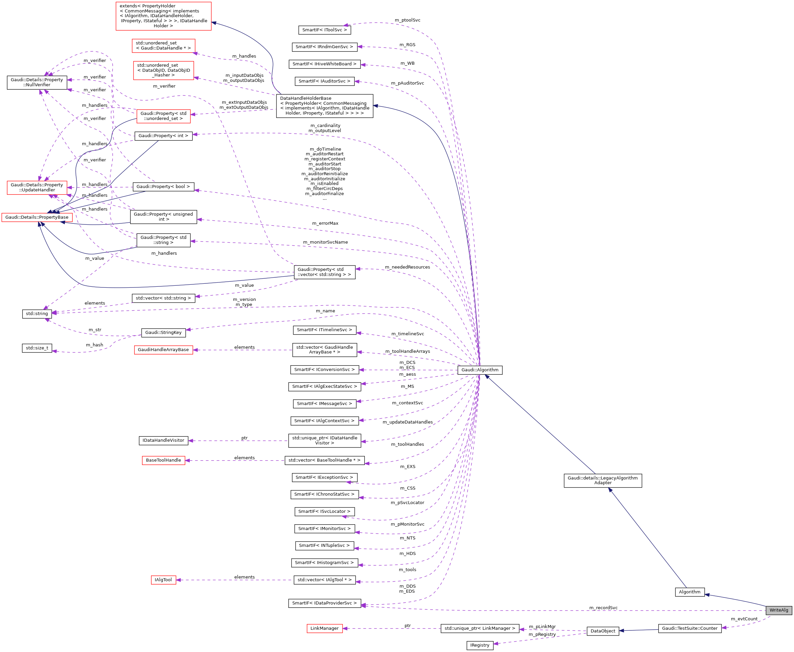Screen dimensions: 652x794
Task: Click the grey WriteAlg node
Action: coord(778,610)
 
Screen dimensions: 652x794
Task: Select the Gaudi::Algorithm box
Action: coord(479,370)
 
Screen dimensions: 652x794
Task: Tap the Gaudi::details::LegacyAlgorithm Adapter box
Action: coord(602,480)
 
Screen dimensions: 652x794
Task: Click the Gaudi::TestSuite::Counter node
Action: coord(689,628)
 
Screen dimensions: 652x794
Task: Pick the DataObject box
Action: coord(602,631)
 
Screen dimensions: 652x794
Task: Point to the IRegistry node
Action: coord(479,645)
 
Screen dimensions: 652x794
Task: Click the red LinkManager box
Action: coord(324,628)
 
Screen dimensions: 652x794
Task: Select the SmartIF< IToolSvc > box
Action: coord(324,30)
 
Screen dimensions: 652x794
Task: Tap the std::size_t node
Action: coord(37,348)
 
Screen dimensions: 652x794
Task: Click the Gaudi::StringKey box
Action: coord(163,332)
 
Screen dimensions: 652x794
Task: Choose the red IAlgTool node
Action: coord(163,580)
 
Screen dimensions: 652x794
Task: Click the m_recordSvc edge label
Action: coord(603,608)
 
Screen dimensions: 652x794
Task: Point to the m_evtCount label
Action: coord(744,619)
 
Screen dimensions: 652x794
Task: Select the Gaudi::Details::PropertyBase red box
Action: coord(37,217)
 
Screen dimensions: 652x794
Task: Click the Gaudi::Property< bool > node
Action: coord(163,187)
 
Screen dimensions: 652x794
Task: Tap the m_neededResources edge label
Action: coord(407,267)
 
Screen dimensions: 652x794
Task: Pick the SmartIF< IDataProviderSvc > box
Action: coord(324,603)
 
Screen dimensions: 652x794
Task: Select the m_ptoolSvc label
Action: coord(407,20)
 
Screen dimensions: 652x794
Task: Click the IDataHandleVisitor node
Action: coord(163,440)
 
